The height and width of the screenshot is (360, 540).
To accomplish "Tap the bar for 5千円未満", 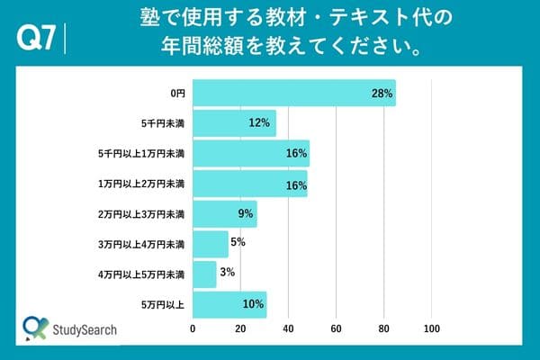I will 234,122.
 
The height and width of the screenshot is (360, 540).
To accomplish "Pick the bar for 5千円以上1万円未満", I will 251,153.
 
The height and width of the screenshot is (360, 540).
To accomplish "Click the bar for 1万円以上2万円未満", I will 250,184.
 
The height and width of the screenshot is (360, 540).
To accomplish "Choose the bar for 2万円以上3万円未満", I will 225,213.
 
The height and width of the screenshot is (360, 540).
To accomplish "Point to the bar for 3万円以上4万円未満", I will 211,243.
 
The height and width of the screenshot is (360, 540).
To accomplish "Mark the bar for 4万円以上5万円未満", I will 204,274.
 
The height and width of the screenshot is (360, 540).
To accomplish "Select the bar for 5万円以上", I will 229,304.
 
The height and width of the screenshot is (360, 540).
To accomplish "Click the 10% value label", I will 253,305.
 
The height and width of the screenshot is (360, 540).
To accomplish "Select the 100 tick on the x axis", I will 432,330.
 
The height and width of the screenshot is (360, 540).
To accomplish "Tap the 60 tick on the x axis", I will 337,330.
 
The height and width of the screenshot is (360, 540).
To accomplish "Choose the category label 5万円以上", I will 163,305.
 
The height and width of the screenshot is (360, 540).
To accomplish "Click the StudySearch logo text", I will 85,330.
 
